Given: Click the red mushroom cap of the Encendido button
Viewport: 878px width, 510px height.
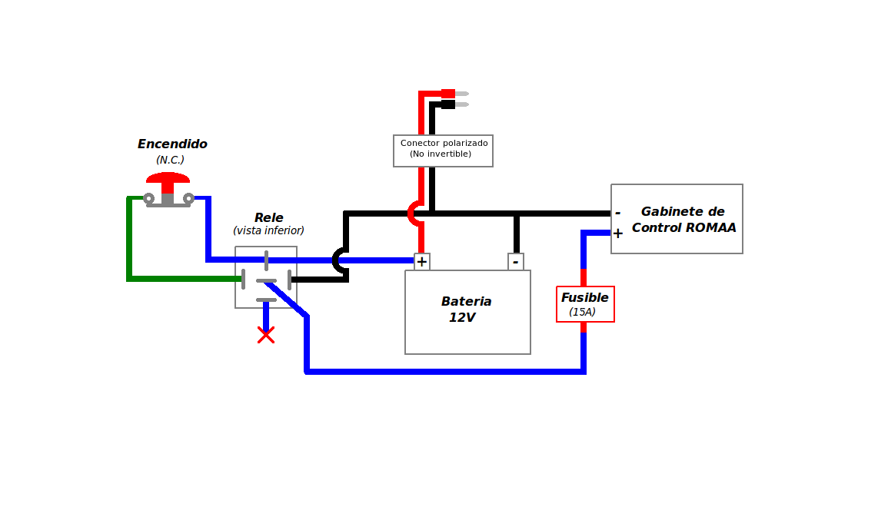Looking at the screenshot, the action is (168, 178).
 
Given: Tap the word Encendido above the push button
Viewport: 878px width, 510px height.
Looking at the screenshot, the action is (172, 144).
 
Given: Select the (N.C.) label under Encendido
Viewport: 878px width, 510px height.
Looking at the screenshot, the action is (170, 160).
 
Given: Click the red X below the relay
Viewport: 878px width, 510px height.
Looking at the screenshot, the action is (266, 335).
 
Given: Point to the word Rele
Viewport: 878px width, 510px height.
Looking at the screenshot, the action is (269, 217).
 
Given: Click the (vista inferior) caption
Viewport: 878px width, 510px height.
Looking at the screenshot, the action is (269, 230).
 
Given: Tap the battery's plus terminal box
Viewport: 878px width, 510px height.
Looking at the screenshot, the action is (421, 262).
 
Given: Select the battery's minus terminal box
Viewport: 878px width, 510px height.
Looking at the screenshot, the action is (516, 262).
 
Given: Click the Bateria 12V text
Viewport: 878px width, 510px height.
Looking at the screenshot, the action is (466, 310).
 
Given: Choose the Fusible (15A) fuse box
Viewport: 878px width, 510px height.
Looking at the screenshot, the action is (585, 304).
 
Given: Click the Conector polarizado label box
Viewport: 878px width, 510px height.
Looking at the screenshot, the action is (443, 151).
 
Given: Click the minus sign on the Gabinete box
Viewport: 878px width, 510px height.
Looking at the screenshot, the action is (617, 213).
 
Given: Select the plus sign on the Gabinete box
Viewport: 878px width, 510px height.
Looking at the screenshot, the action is (617, 233).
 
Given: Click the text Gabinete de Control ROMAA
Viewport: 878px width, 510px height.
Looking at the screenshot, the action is (683, 219).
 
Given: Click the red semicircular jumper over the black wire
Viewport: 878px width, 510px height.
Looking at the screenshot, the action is (411, 214).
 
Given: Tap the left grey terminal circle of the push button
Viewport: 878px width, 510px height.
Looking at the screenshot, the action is (148, 198).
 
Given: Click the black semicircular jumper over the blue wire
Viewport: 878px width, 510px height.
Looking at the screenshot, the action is (336, 260).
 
